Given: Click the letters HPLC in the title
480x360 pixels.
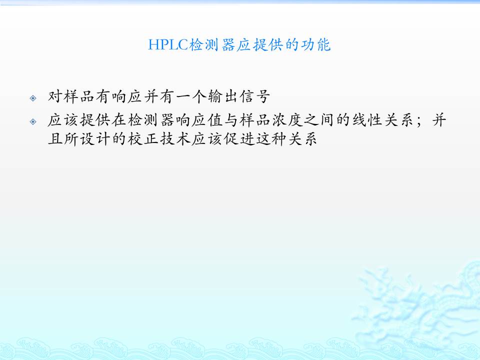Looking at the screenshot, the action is point(168,45).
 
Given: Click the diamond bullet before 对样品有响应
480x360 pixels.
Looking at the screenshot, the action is point(33,98).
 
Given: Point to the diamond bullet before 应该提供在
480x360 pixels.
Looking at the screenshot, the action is point(33,122).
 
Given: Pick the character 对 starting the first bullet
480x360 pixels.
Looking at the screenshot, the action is point(55,96).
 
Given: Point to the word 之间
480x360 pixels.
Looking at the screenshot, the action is point(318,120).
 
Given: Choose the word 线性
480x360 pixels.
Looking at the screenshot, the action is point(366,120).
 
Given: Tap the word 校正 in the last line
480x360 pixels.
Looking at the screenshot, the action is point(143,139).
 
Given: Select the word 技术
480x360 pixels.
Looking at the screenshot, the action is point(175,139).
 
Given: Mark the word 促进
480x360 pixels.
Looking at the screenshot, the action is point(239,139).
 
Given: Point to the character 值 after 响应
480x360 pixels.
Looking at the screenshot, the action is point(215,120).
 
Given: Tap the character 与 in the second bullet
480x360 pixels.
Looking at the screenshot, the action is point(231,120).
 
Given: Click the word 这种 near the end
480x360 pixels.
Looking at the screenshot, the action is point(271,139).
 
